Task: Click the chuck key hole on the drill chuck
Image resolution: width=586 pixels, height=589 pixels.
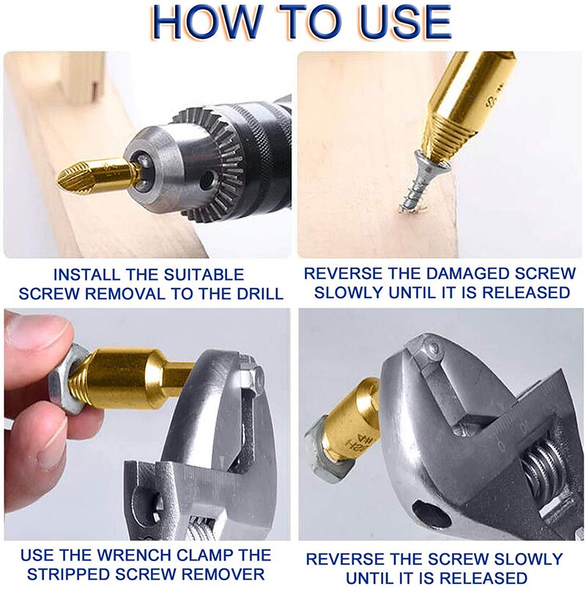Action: click(x=207, y=181)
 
